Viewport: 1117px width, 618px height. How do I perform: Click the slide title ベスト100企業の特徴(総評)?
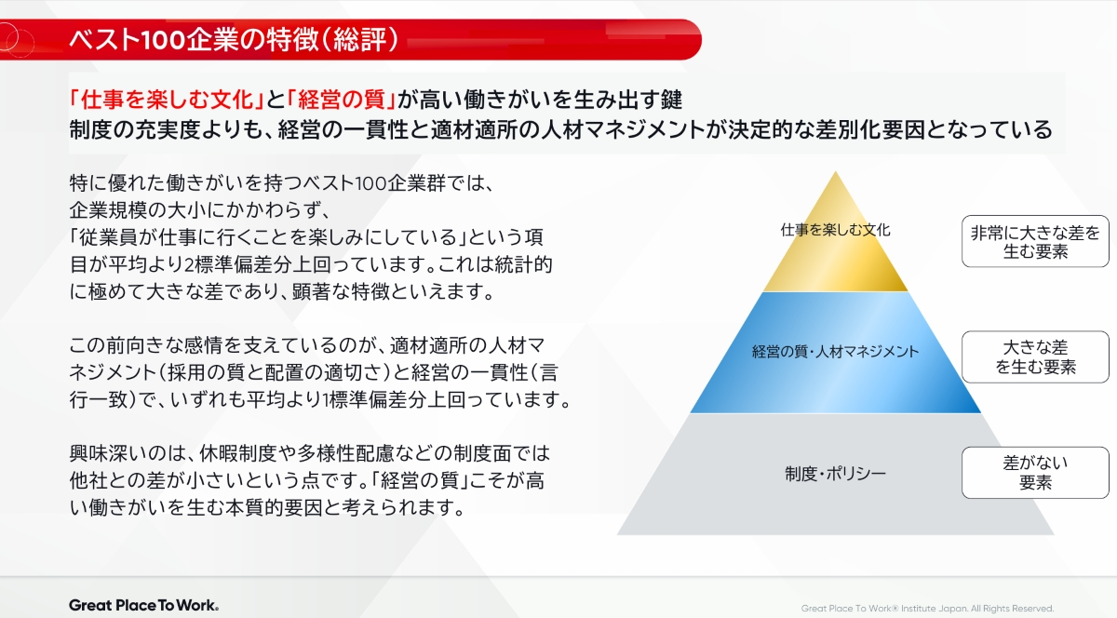[235, 39]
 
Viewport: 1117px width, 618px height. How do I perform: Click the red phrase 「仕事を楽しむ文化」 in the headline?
[167, 100]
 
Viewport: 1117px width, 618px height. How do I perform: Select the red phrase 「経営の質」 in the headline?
[342, 100]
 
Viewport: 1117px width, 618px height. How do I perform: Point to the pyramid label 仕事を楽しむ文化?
[835, 230]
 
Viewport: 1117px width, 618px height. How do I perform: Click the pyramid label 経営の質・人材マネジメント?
[835, 352]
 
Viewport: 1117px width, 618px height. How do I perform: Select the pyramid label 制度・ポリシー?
[835, 474]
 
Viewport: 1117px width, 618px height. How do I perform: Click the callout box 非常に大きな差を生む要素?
[1035, 241]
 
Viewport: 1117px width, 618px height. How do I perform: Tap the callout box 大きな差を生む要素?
[1035, 357]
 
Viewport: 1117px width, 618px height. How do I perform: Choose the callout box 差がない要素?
[1035, 473]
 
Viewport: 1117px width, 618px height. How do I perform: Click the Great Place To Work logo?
[143, 605]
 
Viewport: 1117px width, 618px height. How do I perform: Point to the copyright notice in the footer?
[927, 609]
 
